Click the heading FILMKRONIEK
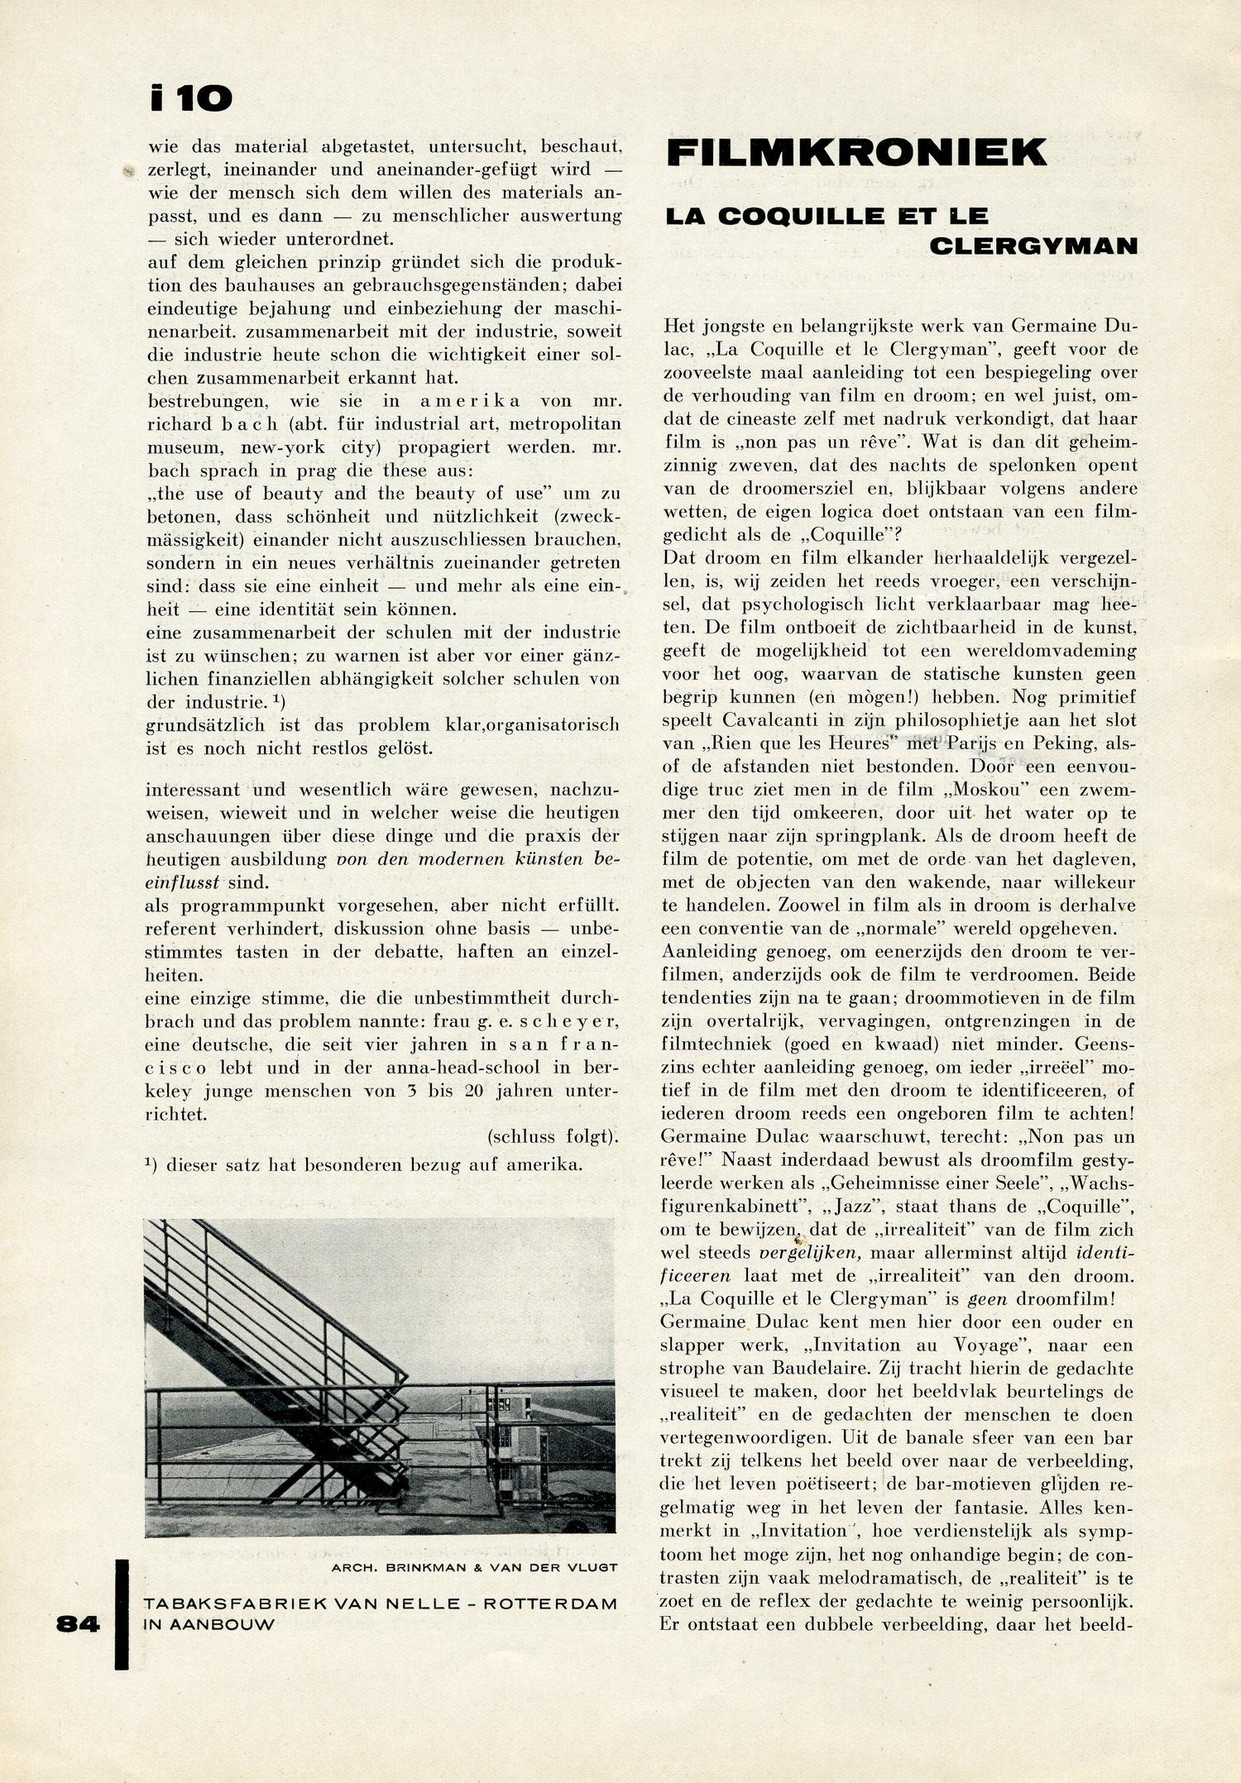coord(856,153)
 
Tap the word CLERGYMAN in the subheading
coord(1033,246)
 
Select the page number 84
coord(78,1624)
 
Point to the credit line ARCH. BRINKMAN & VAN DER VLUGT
coord(474,1566)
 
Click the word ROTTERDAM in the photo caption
coord(550,1604)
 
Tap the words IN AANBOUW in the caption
coord(208,1623)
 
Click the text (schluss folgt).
coord(553,1136)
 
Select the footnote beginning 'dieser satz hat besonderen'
coord(364,1164)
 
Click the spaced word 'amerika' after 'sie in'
coord(470,401)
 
